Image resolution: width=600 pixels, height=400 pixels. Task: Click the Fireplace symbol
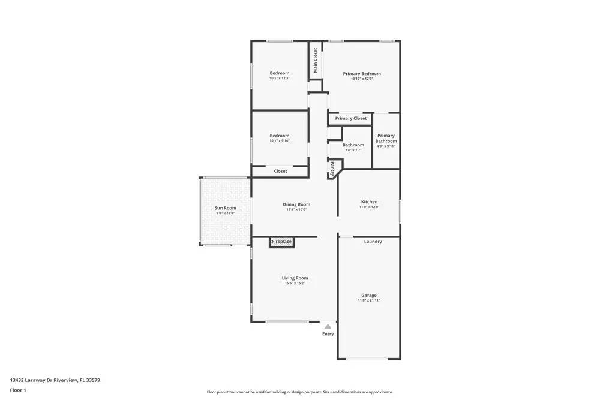coord(281,242)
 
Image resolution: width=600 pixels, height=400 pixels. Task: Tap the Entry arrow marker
coord(328,326)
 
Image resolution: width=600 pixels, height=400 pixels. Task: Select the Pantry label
coord(332,167)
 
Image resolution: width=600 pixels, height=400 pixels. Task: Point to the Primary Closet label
coord(351,119)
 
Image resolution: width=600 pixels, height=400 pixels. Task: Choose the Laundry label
coord(373,242)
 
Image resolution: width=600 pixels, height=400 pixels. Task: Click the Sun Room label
coord(225,208)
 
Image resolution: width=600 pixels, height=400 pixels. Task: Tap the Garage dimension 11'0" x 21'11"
coord(369,300)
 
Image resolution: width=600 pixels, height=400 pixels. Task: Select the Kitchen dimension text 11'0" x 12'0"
coord(369,207)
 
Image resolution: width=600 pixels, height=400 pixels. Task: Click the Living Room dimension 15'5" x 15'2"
coord(295,283)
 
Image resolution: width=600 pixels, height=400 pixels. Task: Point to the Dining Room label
coord(296,204)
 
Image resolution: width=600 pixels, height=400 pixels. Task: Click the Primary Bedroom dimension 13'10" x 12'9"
coord(362,79)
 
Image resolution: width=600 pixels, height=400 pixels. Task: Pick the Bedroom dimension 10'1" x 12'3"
coord(279,79)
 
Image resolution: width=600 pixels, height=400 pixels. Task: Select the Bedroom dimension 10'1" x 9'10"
coord(279,141)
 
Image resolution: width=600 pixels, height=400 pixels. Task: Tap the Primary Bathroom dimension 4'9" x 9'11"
coord(386,146)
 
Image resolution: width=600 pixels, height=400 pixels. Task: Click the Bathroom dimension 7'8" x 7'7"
coord(353,150)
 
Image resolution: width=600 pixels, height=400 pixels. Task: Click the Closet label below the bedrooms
coord(280,172)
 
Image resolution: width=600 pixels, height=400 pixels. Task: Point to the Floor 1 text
coord(18,390)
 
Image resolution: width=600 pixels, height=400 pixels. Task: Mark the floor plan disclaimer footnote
coord(300,392)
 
